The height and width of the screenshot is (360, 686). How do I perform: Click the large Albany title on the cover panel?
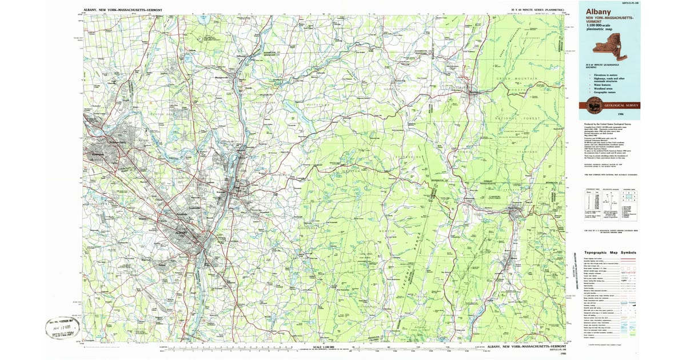pos(598,11)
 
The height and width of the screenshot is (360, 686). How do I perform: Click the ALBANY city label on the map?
pos(182,233)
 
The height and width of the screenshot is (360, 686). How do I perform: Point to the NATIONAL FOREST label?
pos(517,118)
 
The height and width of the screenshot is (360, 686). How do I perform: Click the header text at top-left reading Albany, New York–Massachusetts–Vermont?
pos(119,10)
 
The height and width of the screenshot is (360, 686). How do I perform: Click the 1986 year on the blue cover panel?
pos(630,114)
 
